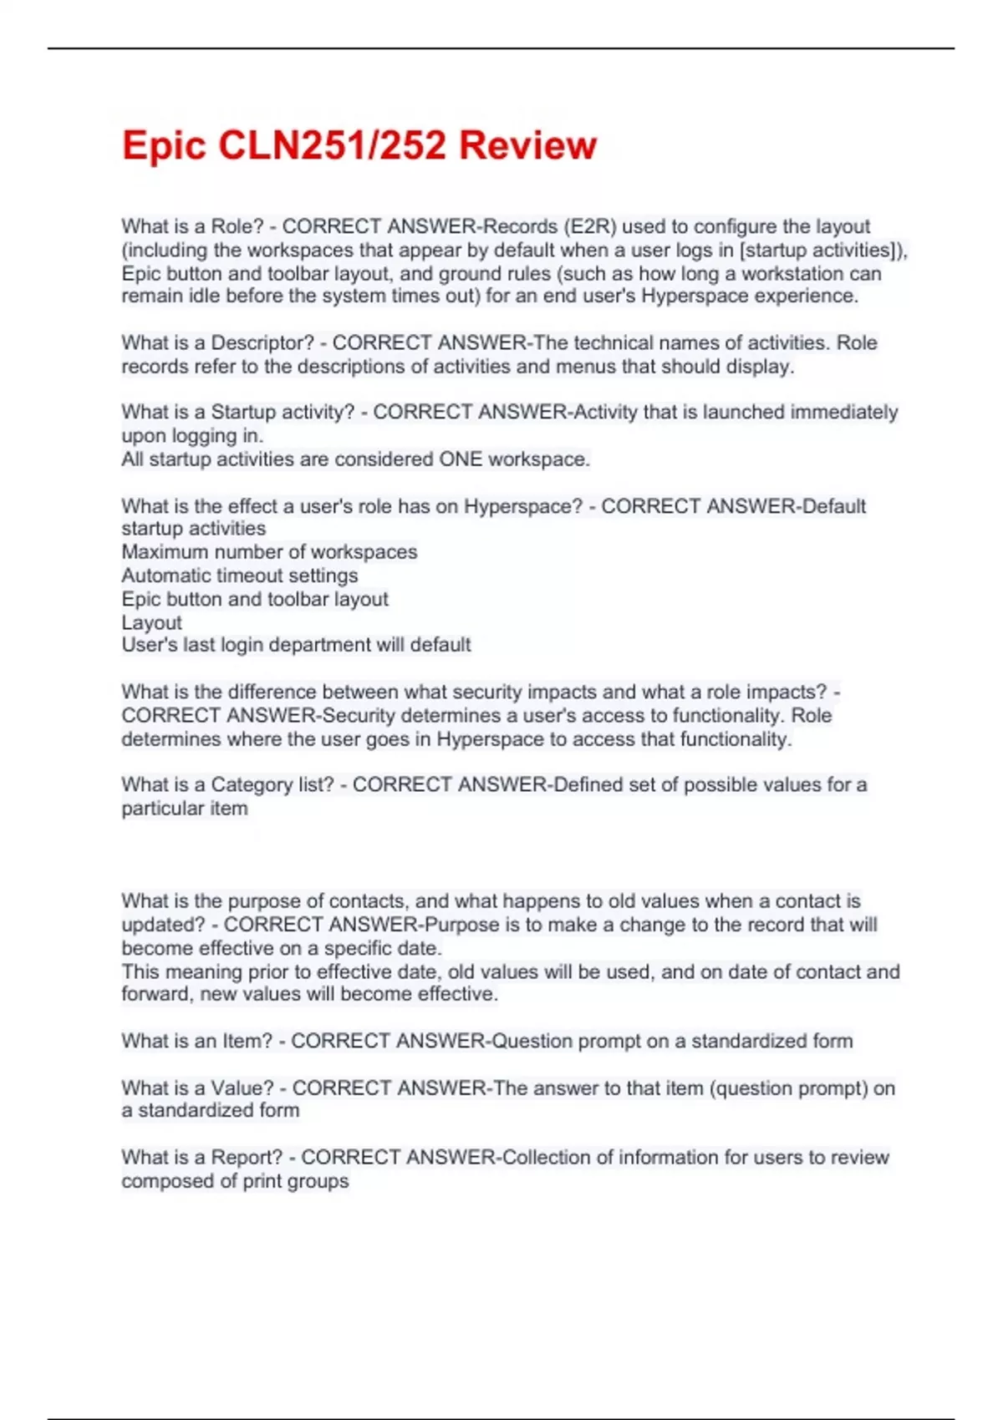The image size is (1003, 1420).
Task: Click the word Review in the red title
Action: point(528,145)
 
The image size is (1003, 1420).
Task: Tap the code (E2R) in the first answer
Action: point(590,226)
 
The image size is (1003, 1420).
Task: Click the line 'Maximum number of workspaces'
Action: point(269,552)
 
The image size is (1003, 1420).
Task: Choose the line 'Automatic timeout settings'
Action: point(240,576)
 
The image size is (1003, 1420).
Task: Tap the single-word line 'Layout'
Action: point(151,622)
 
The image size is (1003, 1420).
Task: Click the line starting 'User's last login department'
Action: point(296,645)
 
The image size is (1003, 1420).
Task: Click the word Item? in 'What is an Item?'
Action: point(247,1041)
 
